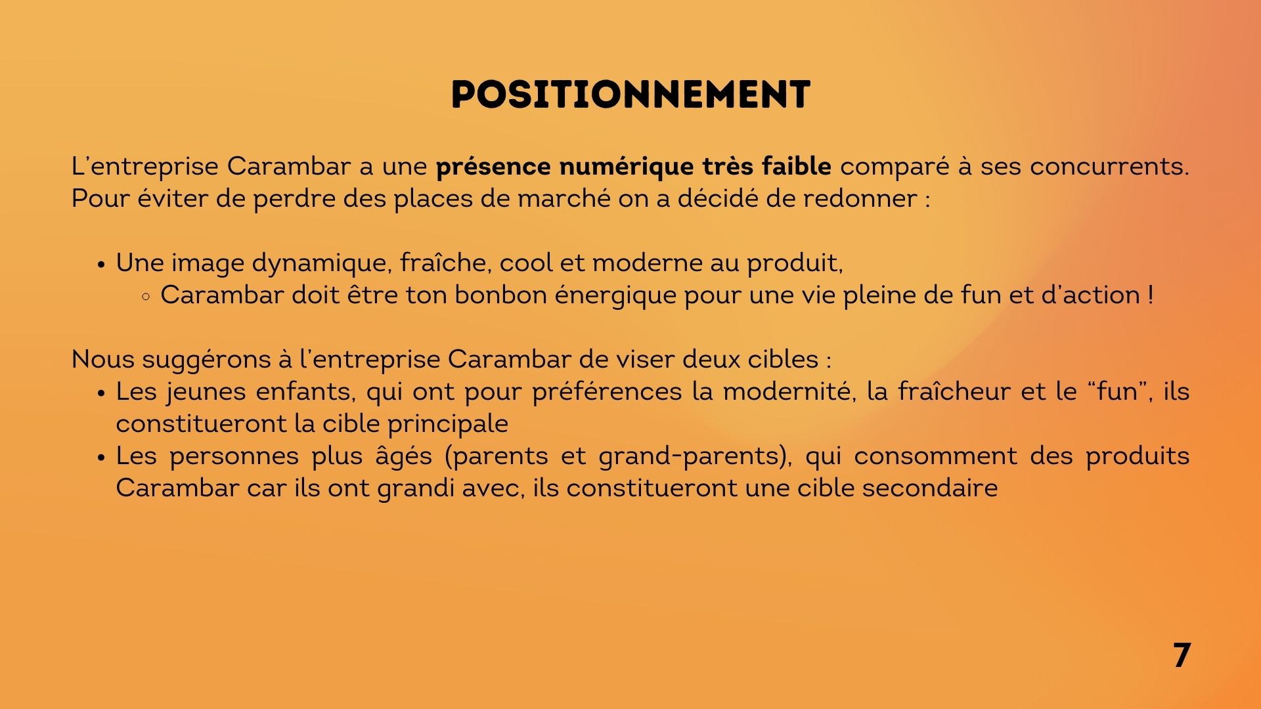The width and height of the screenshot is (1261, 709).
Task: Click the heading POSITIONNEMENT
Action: pos(630,95)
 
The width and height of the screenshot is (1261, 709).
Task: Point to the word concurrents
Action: pos(1109,167)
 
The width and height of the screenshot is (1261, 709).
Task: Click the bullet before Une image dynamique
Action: pos(101,265)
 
